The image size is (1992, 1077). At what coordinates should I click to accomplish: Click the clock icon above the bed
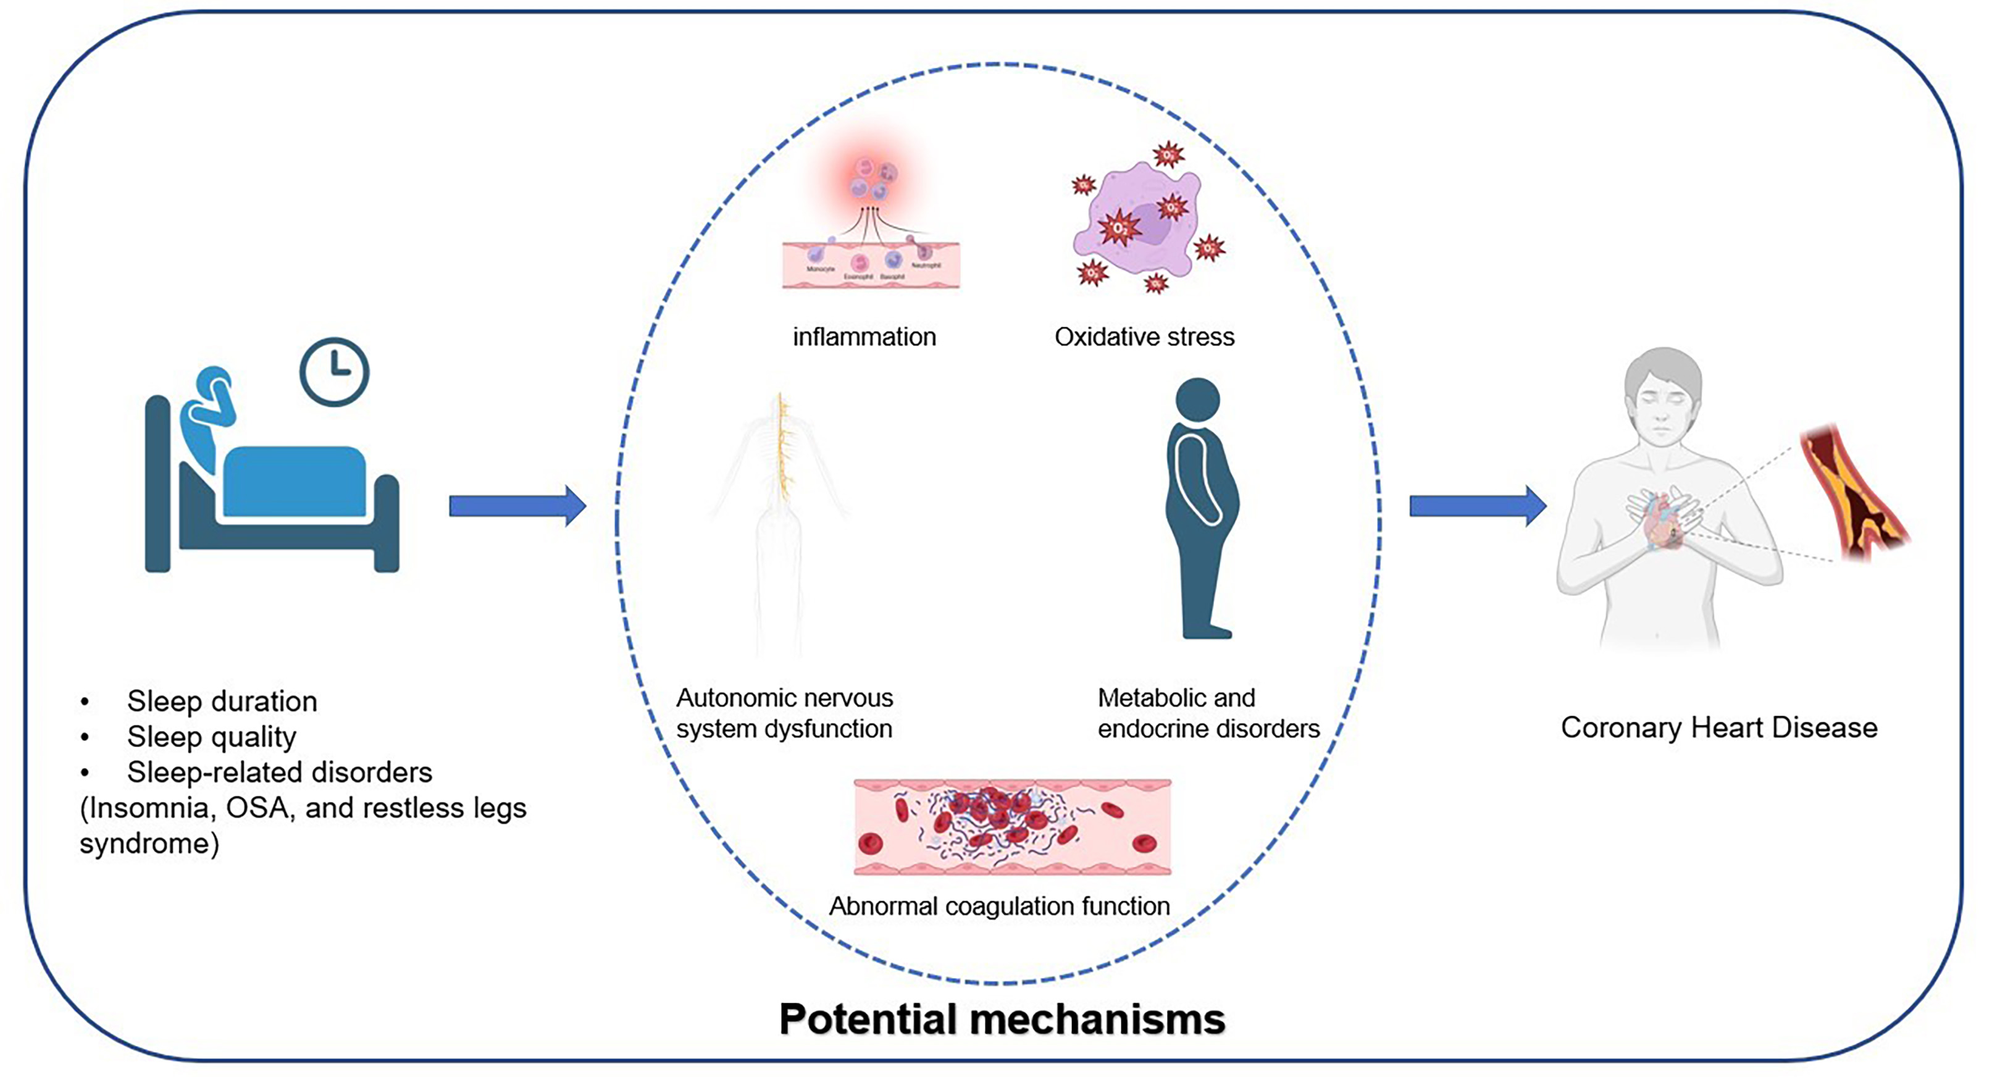point(334,372)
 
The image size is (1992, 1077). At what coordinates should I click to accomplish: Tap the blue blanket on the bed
point(295,481)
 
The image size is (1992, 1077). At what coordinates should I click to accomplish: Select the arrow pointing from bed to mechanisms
point(517,506)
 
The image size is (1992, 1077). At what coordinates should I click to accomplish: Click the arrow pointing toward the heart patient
point(1478,506)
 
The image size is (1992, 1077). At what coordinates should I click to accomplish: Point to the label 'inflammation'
point(864,337)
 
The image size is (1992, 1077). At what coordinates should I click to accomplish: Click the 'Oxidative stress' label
point(1144,337)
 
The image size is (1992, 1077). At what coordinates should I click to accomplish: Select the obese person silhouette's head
point(1197,400)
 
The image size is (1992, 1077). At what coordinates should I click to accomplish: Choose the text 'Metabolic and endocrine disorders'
point(1208,713)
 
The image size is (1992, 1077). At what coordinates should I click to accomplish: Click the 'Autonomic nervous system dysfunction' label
point(784,713)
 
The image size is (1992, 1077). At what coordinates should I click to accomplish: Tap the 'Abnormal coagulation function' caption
point(999,906)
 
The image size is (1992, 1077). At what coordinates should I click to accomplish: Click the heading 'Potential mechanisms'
point(1002,1019)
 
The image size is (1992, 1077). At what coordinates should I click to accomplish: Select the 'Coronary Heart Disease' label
point(1718,727)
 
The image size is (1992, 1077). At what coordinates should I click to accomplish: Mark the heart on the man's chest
point(1663,526)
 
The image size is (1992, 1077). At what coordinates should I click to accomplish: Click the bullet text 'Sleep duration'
point(222,702)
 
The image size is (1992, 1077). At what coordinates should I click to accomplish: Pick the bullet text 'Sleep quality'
point(211,737)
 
